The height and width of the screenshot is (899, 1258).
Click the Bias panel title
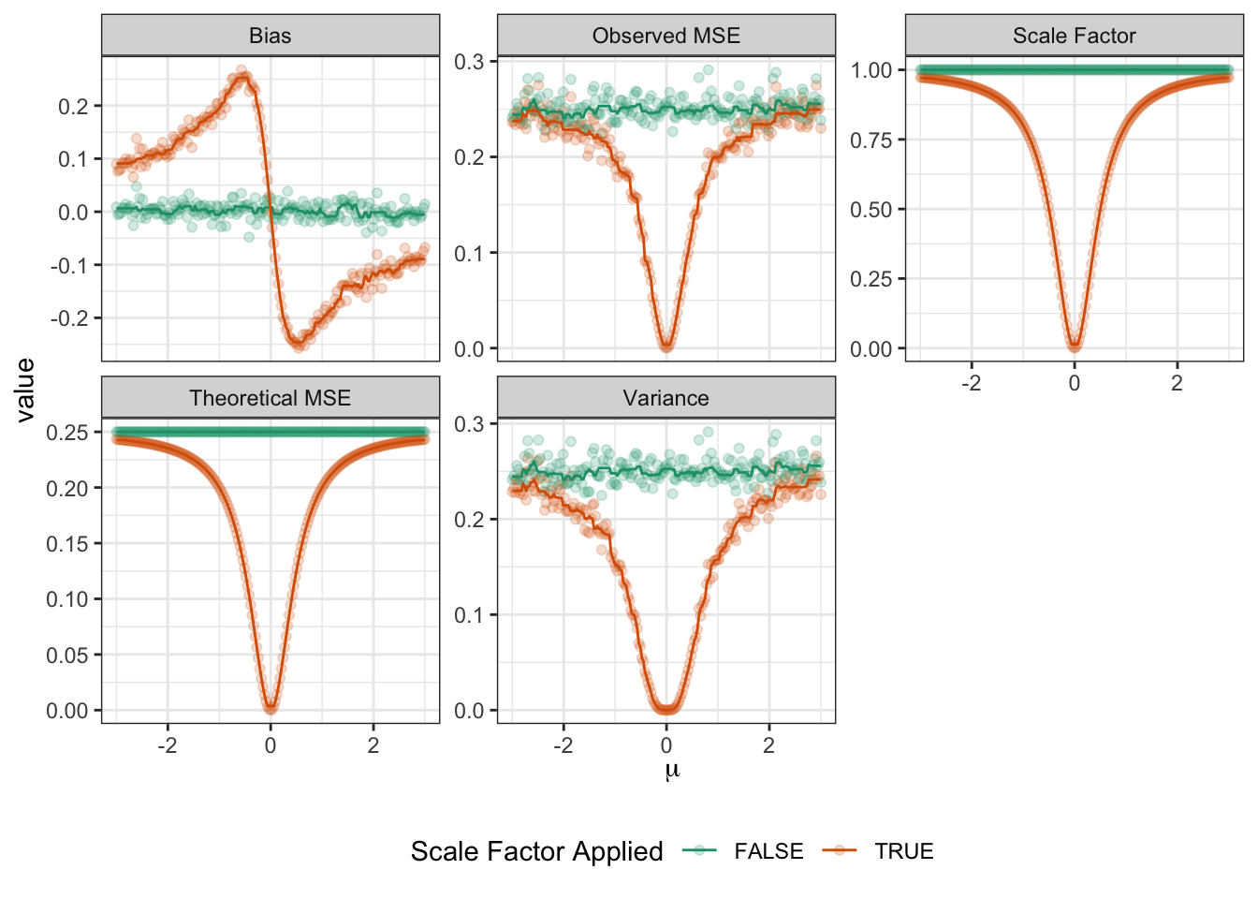click(x=270, y=36)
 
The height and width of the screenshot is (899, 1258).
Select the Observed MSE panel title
click(x=666, y=36)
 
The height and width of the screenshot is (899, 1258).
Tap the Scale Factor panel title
click(x=1074, y=36)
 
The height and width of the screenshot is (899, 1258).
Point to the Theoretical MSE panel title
click(x=270, y=398)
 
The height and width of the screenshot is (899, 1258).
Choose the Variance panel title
click(x=666, y=398)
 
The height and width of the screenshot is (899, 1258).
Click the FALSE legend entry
click(x=768, y=851)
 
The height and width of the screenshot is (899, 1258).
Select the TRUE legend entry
click(x=903, y=851)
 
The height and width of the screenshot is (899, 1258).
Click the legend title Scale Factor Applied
click(x=536, y=851)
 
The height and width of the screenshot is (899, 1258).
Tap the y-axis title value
click(x=25, y=390)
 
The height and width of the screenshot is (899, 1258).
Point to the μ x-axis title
click(x=671, y=771)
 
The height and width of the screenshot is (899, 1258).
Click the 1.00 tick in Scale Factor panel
click(x=870, y=70)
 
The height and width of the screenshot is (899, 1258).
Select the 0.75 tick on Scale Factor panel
click(x=870, y=140)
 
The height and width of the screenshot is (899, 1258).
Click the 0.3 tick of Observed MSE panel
click(x=469, y=62)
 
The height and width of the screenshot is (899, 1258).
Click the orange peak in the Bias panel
click(x=241, y=72)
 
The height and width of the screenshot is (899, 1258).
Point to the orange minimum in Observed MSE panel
click(x=666, y=346)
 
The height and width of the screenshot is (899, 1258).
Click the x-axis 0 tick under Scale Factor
click(x=1074, y=383)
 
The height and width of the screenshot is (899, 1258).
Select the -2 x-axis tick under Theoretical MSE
click(x=167, y=745)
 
